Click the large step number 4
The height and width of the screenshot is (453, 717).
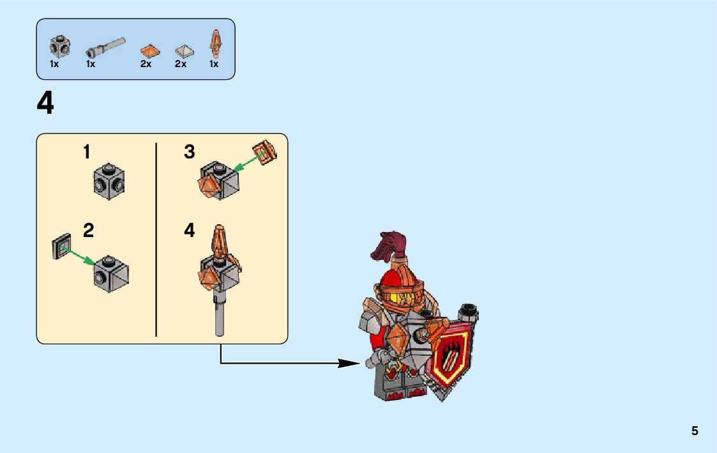tap(45, 104)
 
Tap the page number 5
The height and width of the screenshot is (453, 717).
tap(695, 431)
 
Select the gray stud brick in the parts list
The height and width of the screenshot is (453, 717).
tap(60, 45)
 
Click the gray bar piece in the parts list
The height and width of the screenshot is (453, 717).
tap(104, 47)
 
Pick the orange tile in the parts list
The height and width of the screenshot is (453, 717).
tap(149, 50)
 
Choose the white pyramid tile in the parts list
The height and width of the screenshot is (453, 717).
tap(183, 50)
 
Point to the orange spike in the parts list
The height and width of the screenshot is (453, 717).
tap(215, 43)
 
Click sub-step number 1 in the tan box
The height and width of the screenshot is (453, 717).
tap(87, 153)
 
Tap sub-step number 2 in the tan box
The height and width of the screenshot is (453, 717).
tap(89, 231)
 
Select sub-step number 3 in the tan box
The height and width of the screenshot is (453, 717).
tap(190, 153)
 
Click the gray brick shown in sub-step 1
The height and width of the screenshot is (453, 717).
tap(109, 181)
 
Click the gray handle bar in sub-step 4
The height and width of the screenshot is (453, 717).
tap(220, 316)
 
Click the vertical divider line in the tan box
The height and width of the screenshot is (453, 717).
tap(156, 239)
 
